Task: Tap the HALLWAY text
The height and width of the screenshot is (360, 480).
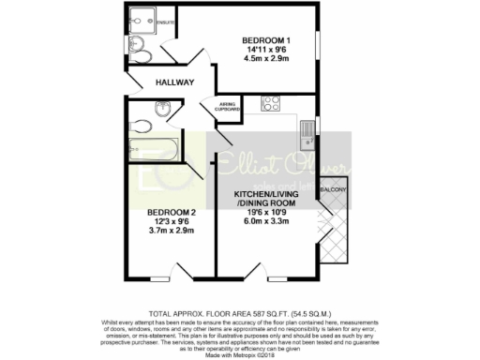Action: click(x=174, y=82)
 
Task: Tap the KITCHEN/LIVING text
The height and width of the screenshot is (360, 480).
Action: click(x=265, y=194)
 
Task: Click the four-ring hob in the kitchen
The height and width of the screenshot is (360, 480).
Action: click(x=271, y=103)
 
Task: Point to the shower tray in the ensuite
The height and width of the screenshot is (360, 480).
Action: click(x=143, y=18)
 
